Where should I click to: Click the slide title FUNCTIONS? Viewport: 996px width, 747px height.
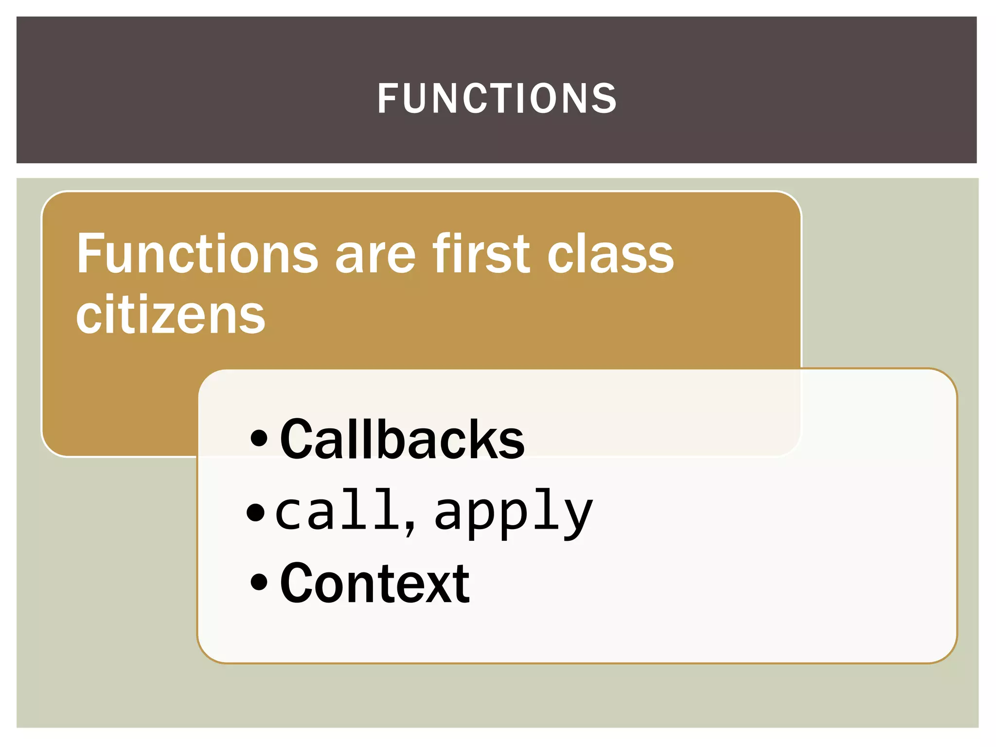pos(497,99)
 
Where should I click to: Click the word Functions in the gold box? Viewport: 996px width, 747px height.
pos(197,254)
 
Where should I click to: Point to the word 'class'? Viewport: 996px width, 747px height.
pos(610,254)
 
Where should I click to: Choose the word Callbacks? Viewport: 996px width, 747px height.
pos(402,440)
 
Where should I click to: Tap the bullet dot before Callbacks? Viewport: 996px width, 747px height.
pos(259,438)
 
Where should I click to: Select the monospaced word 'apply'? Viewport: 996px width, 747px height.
pos(514,513)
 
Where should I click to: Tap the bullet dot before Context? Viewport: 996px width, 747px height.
pos(259,582)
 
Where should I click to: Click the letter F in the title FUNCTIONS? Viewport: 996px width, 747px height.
pos(388,99)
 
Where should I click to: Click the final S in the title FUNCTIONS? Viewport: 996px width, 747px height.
pos(605,99)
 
